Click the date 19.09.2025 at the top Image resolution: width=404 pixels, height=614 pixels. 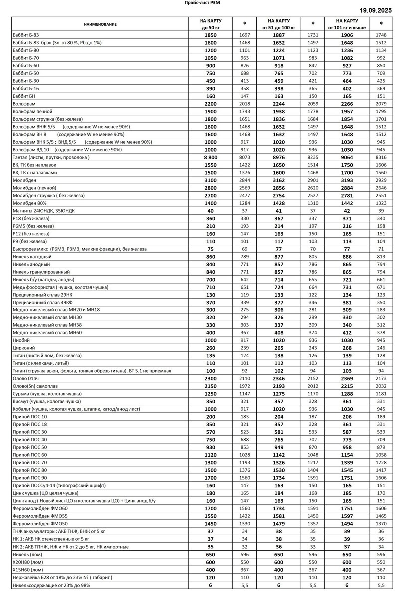click(378, 10)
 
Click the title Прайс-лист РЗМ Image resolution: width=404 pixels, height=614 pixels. click(202, 3)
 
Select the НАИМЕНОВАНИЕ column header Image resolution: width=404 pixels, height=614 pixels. click(100, 24)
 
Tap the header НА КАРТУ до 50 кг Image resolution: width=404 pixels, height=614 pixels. click(210, 24)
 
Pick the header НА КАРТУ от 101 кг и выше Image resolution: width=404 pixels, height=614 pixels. click(347, 24)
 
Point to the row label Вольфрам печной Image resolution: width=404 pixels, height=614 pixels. click(32, 112)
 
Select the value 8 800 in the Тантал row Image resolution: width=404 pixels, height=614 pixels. click(210, 157)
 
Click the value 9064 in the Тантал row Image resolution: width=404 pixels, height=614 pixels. click(347, 157)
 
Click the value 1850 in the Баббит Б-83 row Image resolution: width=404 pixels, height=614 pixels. click(210, 35)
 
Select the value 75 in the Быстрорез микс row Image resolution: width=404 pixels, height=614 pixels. click(210, 249)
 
